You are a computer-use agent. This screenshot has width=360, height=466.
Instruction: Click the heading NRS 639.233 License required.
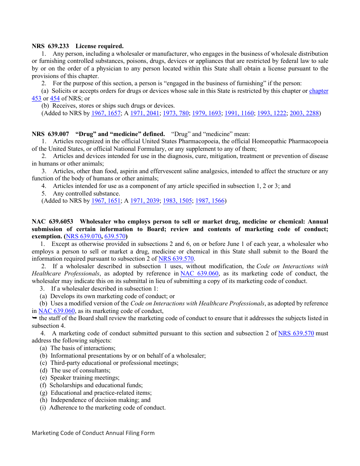tap(77, 46)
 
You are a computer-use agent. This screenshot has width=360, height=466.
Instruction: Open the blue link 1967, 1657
tap(106, 113)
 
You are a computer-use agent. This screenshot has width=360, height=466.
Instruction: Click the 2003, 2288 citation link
tap(304, 113)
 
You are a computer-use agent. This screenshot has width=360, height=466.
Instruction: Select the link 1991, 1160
tap(239, 113)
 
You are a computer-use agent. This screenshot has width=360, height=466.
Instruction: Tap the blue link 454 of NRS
tap(55, 99)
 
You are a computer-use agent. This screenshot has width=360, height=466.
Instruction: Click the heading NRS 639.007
tap(50, 134)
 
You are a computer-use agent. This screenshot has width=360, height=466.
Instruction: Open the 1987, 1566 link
tap(210, 201)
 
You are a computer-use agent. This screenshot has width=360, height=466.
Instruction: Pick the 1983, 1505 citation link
tap(177, 201)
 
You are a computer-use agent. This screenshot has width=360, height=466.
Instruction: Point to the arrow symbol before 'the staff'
tap(34, 318)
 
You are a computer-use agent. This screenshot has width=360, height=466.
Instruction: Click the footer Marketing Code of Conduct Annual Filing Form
tap(93, 433)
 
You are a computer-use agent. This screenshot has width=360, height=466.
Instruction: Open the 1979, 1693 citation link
tap(207, 113)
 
